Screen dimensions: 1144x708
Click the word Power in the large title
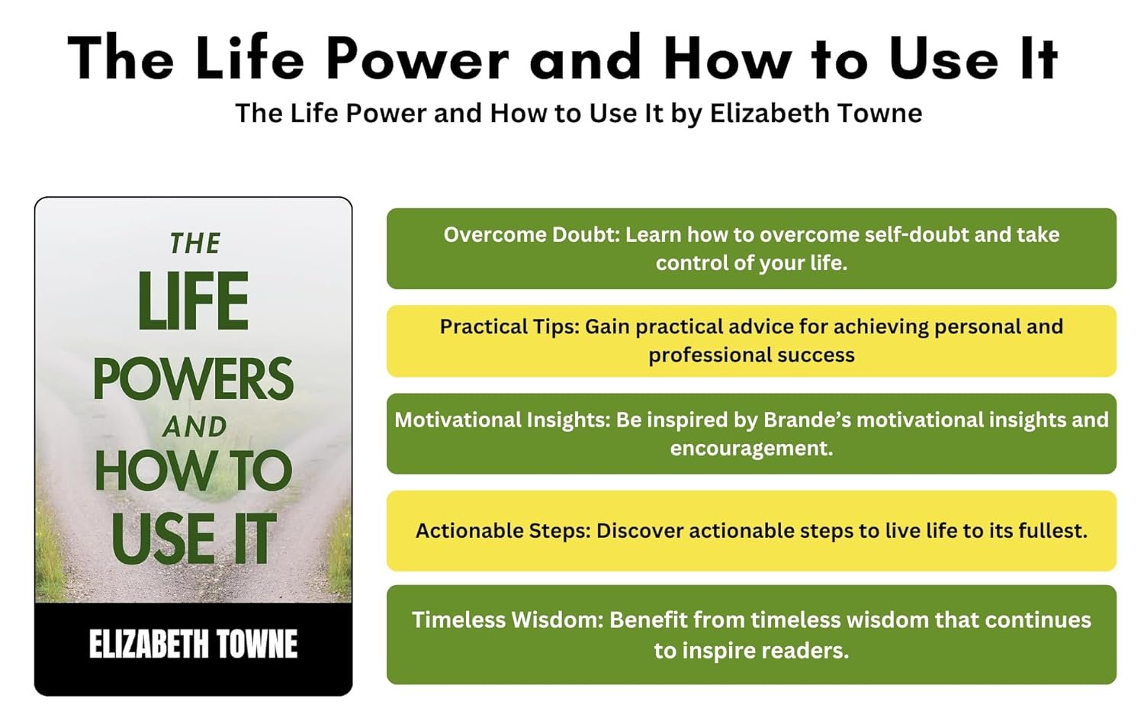pos(417,59)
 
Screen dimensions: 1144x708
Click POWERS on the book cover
pos(193,378)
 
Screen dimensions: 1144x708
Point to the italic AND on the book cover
pos(194,427)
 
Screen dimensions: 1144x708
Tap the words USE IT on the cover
pos(193,539)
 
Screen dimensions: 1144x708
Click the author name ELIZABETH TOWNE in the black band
pos(193,644)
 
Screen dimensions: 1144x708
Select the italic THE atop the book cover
pos(195,243)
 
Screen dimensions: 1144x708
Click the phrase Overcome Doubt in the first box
pos(531,235)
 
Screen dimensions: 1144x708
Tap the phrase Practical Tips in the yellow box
pos(509,327)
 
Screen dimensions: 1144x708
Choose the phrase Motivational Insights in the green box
pos(503,420)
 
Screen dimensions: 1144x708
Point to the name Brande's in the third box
pos(807,420)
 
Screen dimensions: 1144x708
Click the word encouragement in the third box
pos(751,449)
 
